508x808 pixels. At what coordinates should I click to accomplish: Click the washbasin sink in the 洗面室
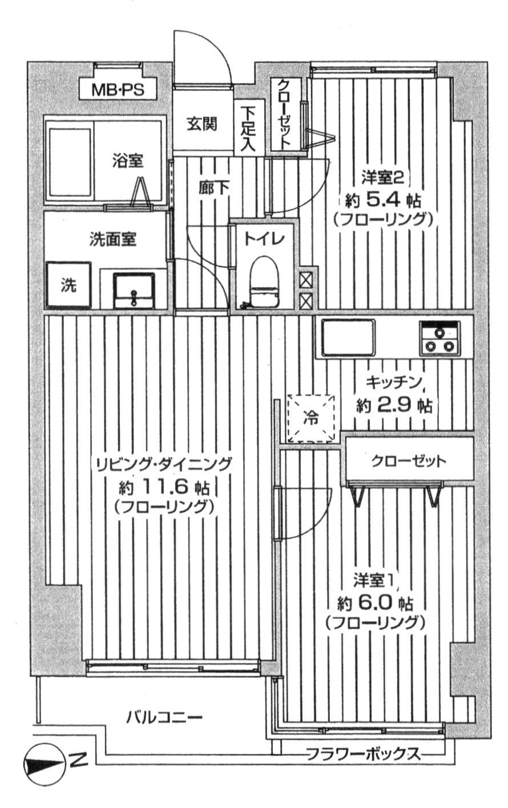134,291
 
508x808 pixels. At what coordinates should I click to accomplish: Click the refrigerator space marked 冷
312,418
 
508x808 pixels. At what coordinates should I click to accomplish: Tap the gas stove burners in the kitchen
441,339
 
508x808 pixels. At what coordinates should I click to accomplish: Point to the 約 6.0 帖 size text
375,602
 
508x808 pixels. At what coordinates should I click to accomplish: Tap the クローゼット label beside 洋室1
408,461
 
